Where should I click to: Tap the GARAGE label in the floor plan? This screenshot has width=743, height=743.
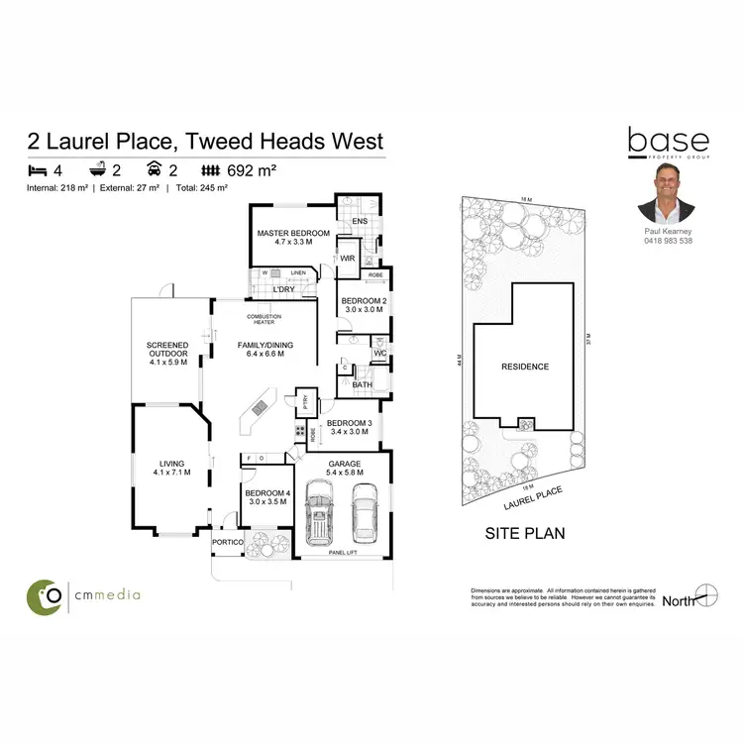tap(344, 463)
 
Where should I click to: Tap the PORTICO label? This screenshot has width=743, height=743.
tap(227, 543)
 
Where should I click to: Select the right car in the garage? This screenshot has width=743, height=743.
tap(365, 514)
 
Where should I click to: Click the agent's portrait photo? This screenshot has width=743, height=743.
tap(665, 194)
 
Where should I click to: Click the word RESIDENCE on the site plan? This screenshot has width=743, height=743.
tap(525, 367)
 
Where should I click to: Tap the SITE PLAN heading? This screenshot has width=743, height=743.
tap(525, 533)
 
